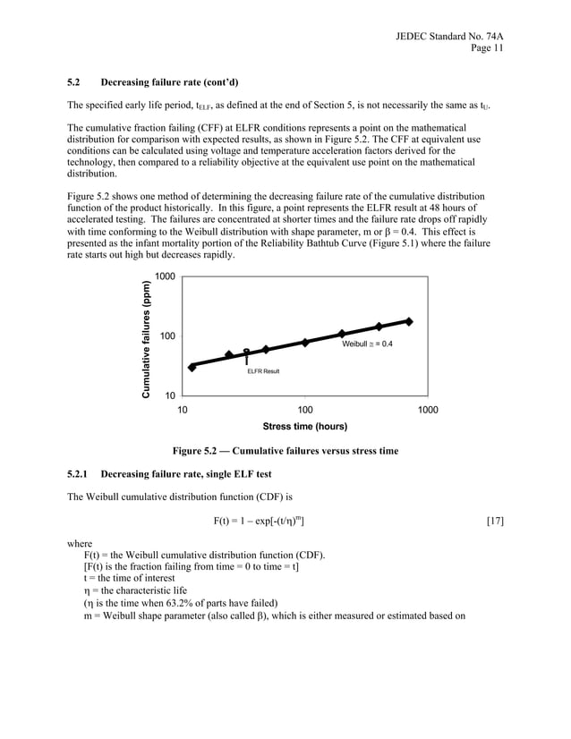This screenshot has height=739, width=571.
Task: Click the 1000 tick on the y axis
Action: point(165,277)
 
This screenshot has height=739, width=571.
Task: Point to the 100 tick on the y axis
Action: point(166,336)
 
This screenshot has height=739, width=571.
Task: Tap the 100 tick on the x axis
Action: point(305,409)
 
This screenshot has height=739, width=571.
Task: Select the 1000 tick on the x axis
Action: point(428,409)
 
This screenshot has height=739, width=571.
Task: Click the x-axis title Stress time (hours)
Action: point(304,427)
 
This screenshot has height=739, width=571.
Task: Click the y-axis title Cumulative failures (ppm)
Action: point(145,336)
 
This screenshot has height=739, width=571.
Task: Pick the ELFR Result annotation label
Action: point(263,370)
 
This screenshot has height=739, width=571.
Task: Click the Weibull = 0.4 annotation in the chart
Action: point(367,344)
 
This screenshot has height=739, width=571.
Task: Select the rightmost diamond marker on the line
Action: point(409,321)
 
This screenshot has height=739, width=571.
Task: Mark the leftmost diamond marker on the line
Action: point(192,367)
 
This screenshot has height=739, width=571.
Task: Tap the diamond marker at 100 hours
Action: point(305,343)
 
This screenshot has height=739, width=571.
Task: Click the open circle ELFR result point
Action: point(246,353)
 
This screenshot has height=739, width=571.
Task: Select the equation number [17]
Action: point(494,520)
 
